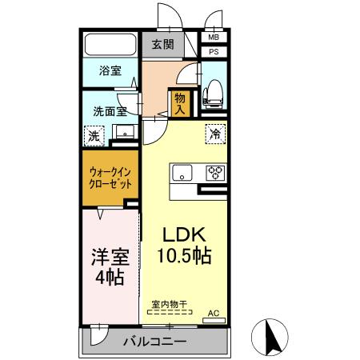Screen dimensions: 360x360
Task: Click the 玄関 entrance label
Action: click(163, 45)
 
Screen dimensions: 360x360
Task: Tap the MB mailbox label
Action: click(214, 38)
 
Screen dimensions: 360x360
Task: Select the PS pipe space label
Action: click(214, 52)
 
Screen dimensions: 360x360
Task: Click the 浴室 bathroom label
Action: click(110, 70)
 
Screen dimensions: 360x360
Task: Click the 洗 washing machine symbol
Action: click(94, 136)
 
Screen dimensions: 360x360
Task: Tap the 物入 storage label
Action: click(178, 103)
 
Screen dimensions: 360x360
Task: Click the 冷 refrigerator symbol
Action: click(215, 133)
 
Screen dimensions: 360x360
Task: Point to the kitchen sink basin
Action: click(181, 172)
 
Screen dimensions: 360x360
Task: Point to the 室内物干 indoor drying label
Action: click(169, 304)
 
